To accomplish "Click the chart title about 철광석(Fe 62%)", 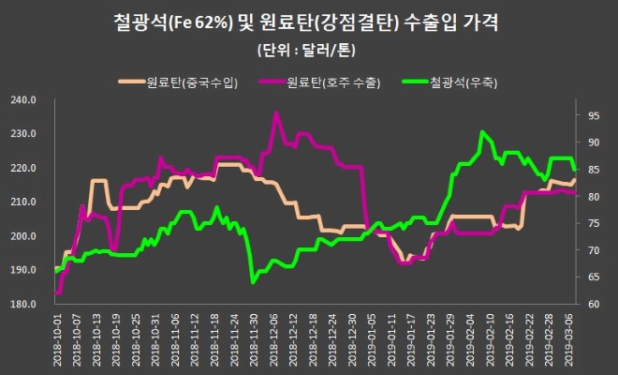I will [x=308, y=21].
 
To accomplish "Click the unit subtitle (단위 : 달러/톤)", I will [x=308, y=49].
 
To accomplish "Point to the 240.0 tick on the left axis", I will [x=22, y=99].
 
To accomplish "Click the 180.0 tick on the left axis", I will [x=22, y=304].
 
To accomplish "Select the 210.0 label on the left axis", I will [x=22, y=202].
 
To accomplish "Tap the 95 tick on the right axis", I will [x=594, y=116].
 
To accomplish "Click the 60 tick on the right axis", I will [x=594, y=304].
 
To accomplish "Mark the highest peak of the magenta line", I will [x=276, y=113].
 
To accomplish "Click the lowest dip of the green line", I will [x=253, y=280].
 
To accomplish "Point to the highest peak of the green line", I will [x=482, y=132].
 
